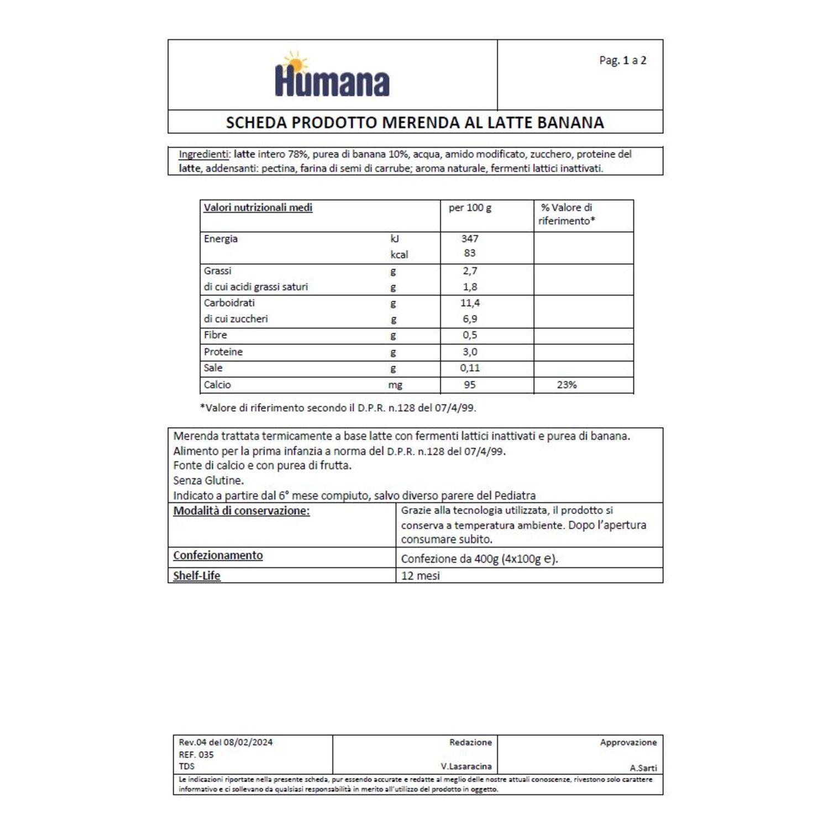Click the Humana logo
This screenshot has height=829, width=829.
coord(332,76)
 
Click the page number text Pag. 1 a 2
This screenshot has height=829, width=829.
coord(622,60)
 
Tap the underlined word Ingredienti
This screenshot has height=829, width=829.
coord(203,154)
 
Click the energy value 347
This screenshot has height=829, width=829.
coord(470,239)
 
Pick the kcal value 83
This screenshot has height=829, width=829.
coord(470,253)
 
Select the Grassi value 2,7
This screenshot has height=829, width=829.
coord(470,271)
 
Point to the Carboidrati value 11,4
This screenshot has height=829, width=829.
coord(470,303)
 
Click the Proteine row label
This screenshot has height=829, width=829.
coord(223,352)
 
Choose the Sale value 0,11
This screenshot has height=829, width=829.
coord(470,368)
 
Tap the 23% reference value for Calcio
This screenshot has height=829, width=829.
coord(566,385)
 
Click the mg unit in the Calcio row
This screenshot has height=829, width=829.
coord(395,385)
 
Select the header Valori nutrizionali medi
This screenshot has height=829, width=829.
coord(258,208)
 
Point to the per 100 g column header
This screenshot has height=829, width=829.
coord(470,208)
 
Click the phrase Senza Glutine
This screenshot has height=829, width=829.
coord(208,480)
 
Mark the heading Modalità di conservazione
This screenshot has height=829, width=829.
coord(242,511)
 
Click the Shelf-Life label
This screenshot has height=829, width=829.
coord(197,576)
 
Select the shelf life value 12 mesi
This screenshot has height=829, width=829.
coord(421,576)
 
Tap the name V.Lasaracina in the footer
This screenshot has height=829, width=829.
coord(466,767)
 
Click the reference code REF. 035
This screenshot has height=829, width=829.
coord(196,755)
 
